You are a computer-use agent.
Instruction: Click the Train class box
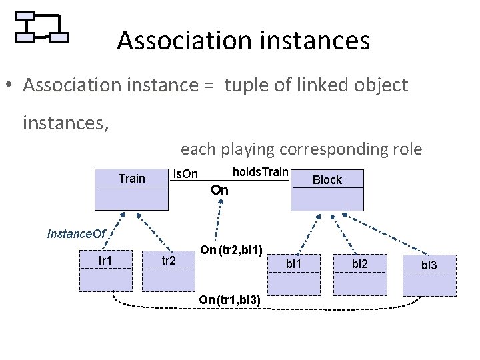pos(131,189)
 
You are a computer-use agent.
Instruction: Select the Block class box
pos(327,190)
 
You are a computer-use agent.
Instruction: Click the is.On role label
pos(185,175)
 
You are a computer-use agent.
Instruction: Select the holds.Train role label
pos(260,173)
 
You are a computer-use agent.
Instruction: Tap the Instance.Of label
pos(77,233)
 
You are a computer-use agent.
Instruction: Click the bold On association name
pos(219,191)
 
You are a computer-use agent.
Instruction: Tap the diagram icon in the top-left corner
pos(42,27)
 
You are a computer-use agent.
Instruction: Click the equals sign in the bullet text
pos(211,86)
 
